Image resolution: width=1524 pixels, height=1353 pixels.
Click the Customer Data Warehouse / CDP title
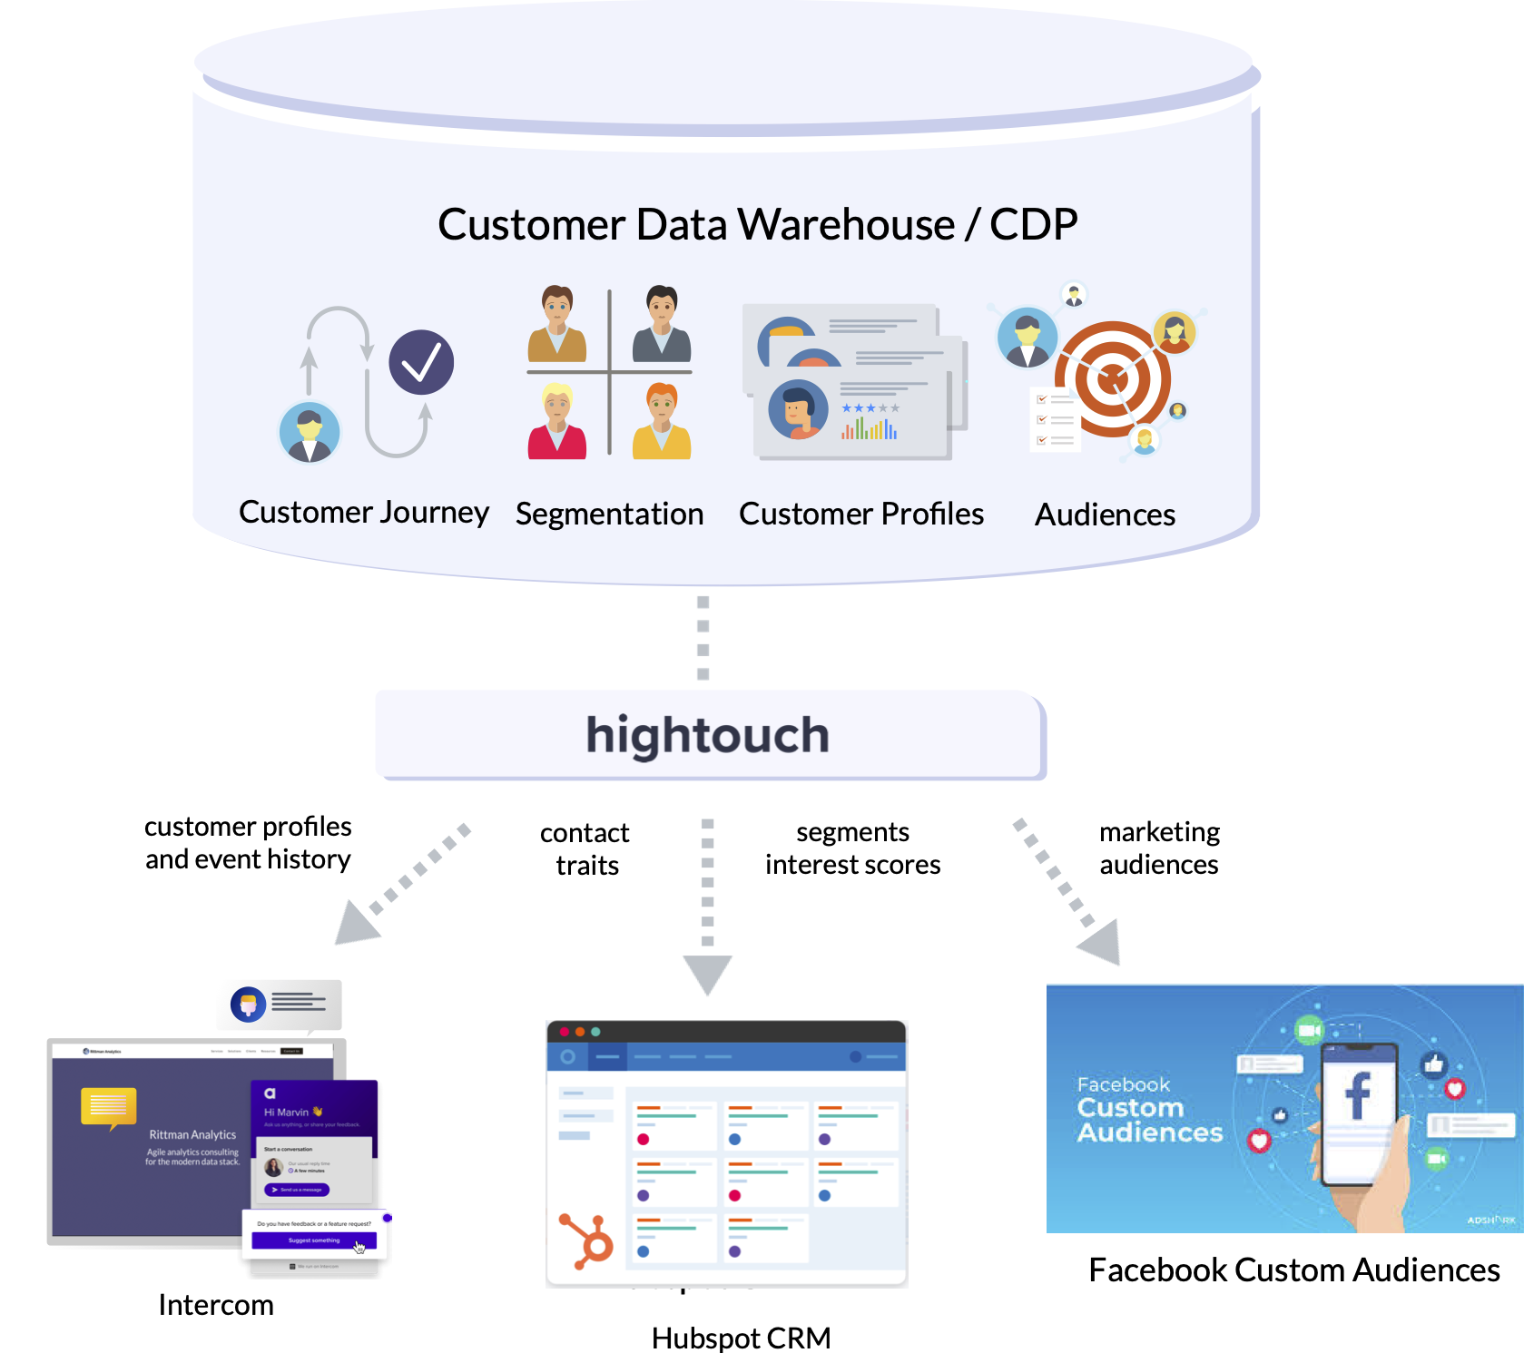coord(757,225)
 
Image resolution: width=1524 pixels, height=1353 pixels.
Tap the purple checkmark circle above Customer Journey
coord(421,363)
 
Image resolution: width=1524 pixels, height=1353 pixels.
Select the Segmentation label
coord(609,515)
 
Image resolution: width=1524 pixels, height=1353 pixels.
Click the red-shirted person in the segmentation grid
coord(556,422)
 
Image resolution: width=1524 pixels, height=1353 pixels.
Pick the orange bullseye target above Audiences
coord(1113,379)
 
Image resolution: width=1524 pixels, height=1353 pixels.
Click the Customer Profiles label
coord(860,515)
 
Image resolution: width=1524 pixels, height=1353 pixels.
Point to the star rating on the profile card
coord(870,408)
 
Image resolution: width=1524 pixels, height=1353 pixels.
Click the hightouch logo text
coord(707,735)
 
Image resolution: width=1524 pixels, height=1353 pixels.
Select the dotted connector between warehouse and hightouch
coord(703,638)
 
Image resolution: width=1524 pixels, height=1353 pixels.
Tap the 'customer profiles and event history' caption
coord(248,843)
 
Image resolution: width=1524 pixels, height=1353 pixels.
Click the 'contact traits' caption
coord(585,849)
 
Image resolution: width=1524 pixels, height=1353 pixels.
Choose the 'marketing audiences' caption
coord(1159,848)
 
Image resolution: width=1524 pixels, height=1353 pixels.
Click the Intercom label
coord(216,1305)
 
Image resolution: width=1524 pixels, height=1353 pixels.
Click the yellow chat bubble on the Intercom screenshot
coord(109,1106)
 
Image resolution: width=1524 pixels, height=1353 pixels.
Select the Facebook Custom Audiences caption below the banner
coord(1293,1270)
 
